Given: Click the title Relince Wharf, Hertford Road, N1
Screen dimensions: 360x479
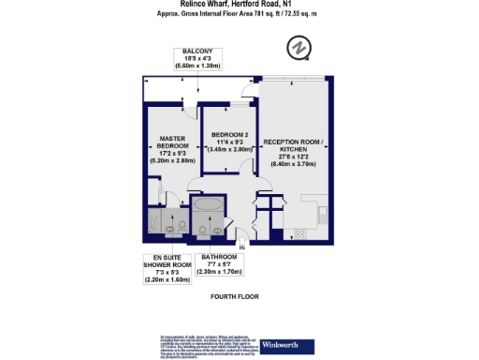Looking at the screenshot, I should tap(239, 5).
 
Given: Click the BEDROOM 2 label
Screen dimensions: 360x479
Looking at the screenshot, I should tap(230, 133).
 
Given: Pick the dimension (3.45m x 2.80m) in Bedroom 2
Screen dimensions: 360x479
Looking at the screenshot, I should tap(230, 149).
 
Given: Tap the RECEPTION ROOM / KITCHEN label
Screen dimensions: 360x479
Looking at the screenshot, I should tap(293, 146).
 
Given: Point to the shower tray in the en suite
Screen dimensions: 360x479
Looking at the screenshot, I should tap(155, 222).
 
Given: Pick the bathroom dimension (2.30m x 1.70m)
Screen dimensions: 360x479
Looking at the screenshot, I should tap(218, 272).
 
